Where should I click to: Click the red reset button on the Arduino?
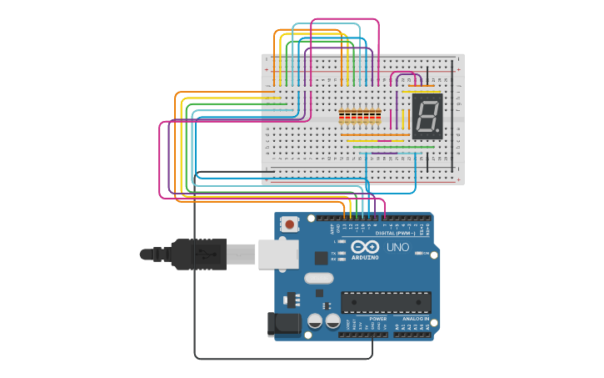tap(289, 224)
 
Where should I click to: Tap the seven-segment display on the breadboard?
tap(427, 116)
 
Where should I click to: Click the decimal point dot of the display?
tap(437, 132)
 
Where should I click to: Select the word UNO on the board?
tap(397, 248)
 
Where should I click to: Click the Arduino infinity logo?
tap(365, 247)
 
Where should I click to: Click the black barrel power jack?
tap(282, 325)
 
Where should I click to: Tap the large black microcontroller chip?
tap(386, 302)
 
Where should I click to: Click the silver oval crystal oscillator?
tap(318, 278)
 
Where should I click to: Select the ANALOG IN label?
tap(415, 319)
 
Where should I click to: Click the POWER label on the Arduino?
tap(377, 319)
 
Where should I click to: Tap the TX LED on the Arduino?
tap(341, 252)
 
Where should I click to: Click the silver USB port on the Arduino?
tap(277, 253)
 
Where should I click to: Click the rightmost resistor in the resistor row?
tap(379, 116)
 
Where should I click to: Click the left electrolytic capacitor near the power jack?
tap(316, 320)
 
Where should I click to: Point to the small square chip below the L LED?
tap(322, 259)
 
